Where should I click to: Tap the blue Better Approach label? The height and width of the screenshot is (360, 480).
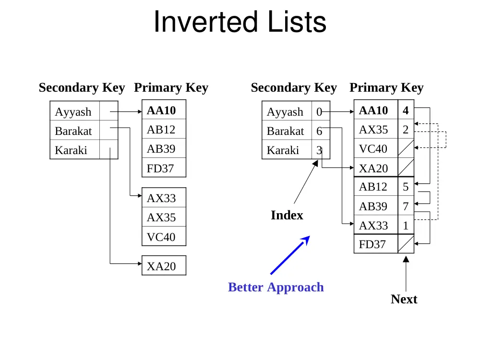[x=276, y=288]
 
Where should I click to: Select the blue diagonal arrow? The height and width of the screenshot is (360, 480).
[x=290, y=255]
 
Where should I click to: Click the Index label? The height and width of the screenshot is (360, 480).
[x=287, y=215]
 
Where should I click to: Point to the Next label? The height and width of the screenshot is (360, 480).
[x=404, y=299]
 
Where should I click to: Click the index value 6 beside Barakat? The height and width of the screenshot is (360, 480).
[x=319, y=131]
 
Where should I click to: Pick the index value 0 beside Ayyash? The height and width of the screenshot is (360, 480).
[x=319, y=112]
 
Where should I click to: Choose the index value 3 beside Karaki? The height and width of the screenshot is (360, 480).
[x=319, y=150]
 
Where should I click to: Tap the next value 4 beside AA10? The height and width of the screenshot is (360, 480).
[x=406, y=110]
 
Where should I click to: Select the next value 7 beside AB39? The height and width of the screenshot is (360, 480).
[x=406, y=206]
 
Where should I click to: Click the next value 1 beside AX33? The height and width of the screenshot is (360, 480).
[x=406, y=226]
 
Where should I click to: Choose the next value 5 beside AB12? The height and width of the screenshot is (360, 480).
[x=406, y=187]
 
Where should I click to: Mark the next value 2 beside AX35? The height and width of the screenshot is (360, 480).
[x=406, y=130]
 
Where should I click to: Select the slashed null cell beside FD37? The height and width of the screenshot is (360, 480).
[x=406, y=244]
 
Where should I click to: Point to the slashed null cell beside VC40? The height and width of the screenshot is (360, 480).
[x=406, y=148]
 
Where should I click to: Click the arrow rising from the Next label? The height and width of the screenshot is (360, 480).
[x=406, y=274]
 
